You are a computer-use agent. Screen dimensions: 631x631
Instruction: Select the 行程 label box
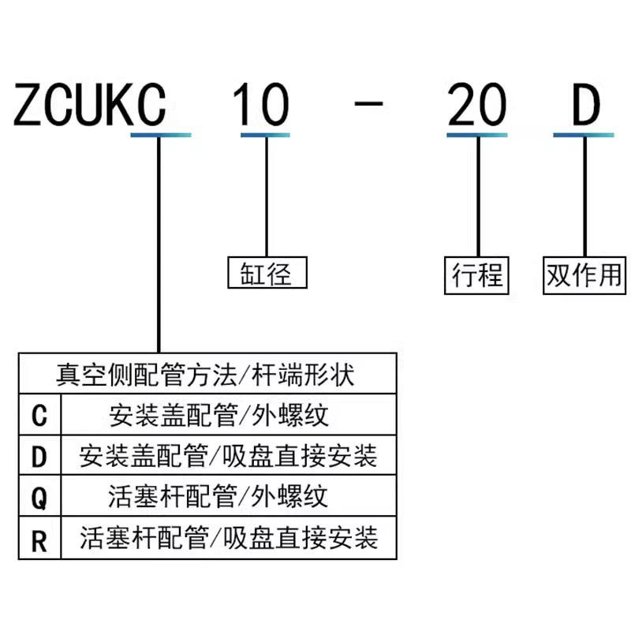476,274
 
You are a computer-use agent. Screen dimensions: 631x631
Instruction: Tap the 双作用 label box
585,274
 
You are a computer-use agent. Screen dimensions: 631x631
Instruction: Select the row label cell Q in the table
39,498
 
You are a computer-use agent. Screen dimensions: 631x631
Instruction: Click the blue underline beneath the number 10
264,135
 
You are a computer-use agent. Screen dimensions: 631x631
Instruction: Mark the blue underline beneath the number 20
476,135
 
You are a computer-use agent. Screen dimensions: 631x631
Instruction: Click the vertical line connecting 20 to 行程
478,197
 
